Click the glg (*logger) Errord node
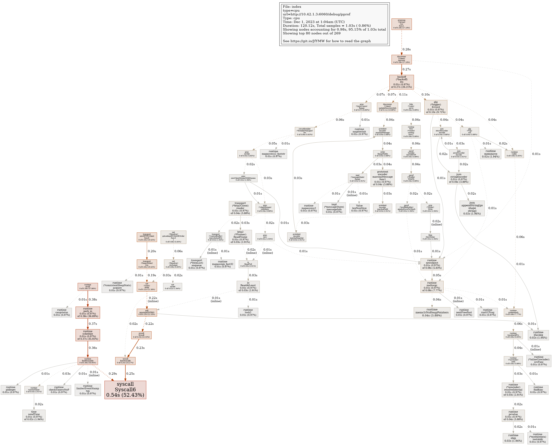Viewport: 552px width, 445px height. [436, 107]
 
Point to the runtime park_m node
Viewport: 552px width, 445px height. [88, 312]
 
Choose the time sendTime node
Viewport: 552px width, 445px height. [34, 416]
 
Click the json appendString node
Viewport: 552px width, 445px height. [472, 208]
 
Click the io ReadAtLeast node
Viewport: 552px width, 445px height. [248, 287]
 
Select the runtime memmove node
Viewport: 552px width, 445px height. [491, 154]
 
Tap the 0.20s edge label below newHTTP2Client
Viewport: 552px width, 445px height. [152, 251]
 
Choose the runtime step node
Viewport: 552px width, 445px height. [513, 438]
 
